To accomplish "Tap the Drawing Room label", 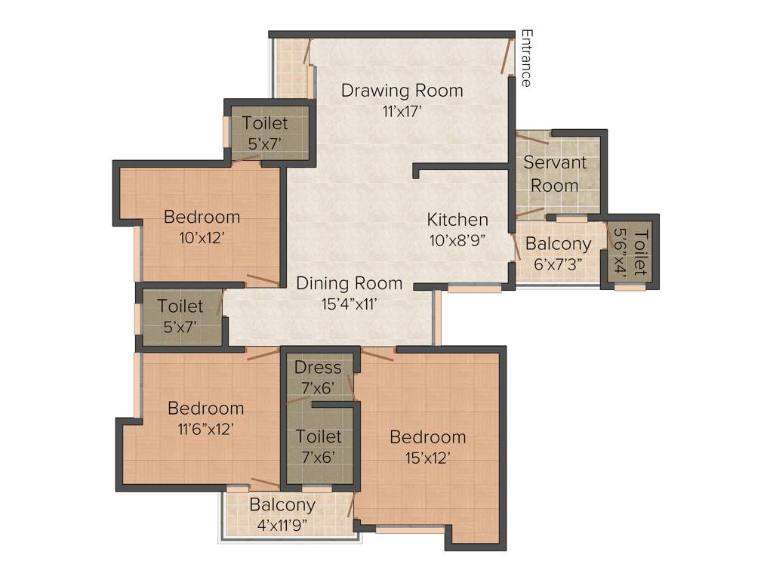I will pos(402,91).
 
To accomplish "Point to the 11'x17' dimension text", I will pos(402,112).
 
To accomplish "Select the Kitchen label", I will pos(457,220).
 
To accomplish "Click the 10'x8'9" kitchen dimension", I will pos(457,240).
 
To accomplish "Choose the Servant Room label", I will pos(555,174).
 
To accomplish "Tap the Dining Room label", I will pos(349,284).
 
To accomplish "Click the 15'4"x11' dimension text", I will pos(349,304).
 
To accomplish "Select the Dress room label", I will pos(318,368).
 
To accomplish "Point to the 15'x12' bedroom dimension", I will pos(427,458).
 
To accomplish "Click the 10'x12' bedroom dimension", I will pos(202,237).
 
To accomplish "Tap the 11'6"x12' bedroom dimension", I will pos(205,428).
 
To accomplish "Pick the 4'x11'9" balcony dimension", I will pos(282,524).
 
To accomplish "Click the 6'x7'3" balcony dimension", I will pos(559,264).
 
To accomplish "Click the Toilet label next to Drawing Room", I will pos(264,122).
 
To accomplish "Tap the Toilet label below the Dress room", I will pos(318,437).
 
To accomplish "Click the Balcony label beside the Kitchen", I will pos(559,244).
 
